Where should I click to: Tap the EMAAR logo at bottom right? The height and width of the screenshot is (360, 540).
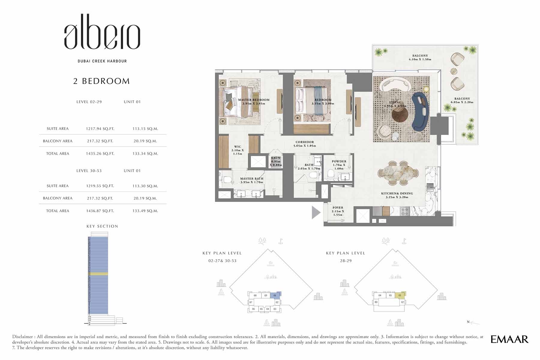pyautogui.click(x=509, y=339)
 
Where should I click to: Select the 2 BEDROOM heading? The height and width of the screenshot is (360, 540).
pyautogui.click(x=101, y=81)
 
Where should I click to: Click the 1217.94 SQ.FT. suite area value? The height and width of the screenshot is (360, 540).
pyautogui.click(x=100, y=129)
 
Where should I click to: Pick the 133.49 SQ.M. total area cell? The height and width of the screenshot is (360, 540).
pyautogui.click(x=145, y=211)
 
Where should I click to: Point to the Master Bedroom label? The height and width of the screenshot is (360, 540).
pyautogui.click(x=253, y=102)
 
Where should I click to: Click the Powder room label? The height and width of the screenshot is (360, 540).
pyautogui.click(x=339, y=165)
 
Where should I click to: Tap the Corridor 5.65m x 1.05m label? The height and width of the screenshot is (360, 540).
pyautogui.click(x=304, y=144)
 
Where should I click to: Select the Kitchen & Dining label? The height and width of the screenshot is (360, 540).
pyautogui.click(x=397, y=195)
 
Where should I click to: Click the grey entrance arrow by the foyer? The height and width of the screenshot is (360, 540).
pyautogui.click(x=316, y=212)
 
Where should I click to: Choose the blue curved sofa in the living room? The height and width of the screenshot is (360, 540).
pyautogui.click(x=420, y=111)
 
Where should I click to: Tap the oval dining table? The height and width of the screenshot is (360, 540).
pyautogui.click(x=398, y=173)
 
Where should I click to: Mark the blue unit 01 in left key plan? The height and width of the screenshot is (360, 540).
pyautogui.click(x=275, y=295)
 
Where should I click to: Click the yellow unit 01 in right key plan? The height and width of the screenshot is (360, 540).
pyautogui.click(x=400, y=295)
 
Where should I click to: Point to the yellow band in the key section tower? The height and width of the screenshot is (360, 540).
pyautogui.click(x=98, y=274)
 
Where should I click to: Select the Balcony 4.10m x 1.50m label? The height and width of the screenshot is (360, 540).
pyautogui.click(x=420, y=57)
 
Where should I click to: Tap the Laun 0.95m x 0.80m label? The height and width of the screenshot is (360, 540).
pyautogui.click(x=276, y=161)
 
